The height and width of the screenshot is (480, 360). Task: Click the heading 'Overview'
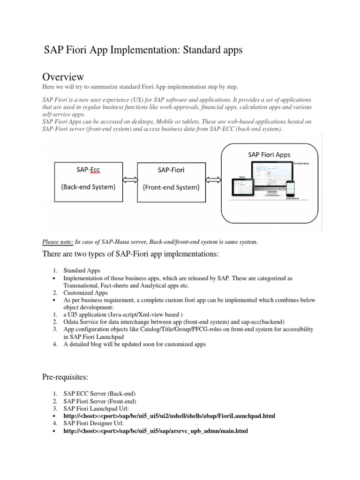pyautogui.click(x=63, y=76)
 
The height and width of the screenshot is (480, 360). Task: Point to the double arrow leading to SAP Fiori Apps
pyautogui.click(x=213, y=180)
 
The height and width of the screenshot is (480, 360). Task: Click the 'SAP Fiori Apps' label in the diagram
pyautogui.click(x=269, y=154)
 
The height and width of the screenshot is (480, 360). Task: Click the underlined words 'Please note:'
pyautogui.click(x=58, y=242)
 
